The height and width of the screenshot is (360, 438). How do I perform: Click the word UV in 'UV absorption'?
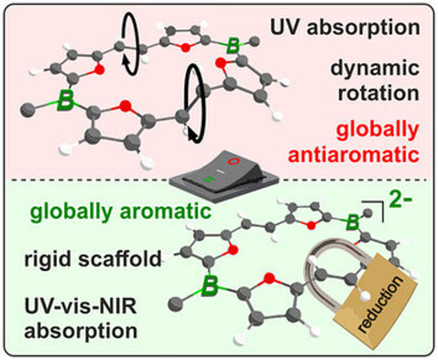click(x=285, y=27)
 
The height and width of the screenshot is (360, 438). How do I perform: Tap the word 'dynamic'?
click(x=375, y=68)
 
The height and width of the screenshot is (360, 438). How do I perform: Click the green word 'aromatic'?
click(x=166, y=211)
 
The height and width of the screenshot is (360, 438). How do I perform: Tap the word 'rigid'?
click(x=48, y=260)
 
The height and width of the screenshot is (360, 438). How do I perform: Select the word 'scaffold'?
click(x=119, y=259)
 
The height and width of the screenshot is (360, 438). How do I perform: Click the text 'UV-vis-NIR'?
click(x=80, y=307)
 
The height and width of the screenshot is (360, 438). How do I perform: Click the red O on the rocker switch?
click(x=233, y=161)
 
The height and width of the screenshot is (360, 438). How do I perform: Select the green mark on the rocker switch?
click(x=210, y=179)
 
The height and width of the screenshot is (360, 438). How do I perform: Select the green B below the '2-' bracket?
click(x=352, y=222)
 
